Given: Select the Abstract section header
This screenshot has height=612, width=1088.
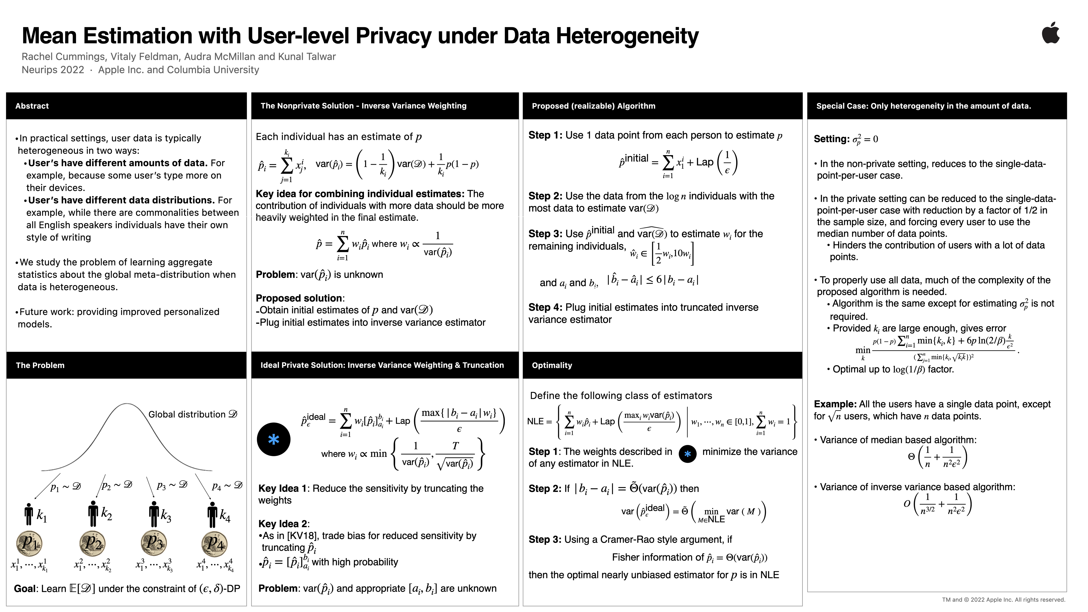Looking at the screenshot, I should [32, 106].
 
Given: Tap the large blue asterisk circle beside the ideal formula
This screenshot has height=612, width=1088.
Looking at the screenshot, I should [274, 439].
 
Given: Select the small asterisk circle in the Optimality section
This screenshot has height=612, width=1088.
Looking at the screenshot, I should [687, 454].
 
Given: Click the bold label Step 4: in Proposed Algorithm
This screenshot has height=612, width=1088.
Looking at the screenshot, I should [545, 307].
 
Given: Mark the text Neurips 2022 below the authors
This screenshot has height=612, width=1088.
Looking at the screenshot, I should [53, 70].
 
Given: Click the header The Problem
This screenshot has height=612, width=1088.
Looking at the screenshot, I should [40, 365].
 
